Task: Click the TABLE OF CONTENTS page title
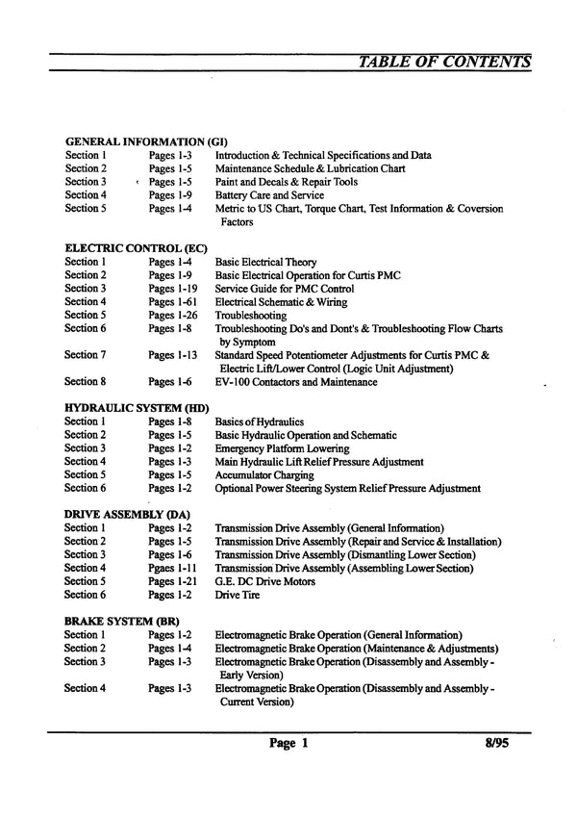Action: click(x=443, y=63)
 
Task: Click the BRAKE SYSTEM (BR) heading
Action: click(x=121, y=622)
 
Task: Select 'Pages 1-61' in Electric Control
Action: click(x=173, y=302)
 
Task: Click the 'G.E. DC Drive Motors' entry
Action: click(x=263, y=581)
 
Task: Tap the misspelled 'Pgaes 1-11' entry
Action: click(x=173, y=569)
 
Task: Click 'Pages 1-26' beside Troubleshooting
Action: click(x=173, y=316)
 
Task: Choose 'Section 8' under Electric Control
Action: click(x=85, y=382)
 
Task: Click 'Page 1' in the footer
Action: click(x=288, y=744)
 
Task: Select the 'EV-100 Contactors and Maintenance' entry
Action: click(x=295, y=382)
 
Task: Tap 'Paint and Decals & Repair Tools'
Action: click(x=286, y=181)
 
